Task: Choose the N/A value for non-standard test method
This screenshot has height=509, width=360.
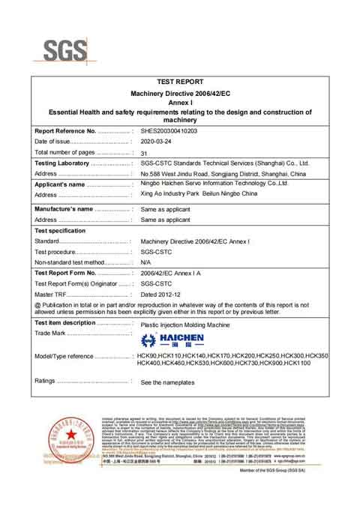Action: pos(145,263)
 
